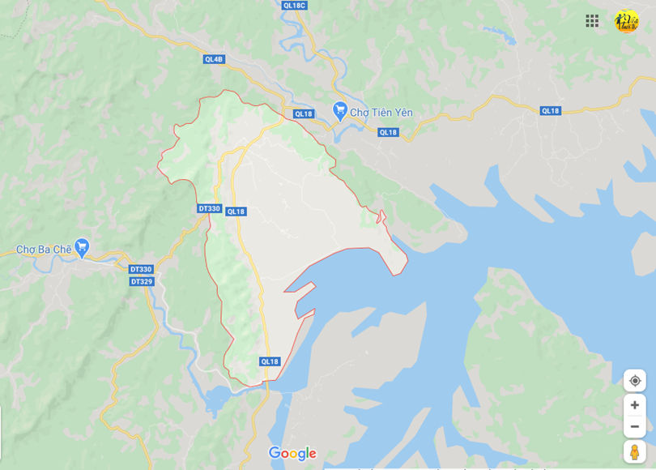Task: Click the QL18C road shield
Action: click(x=295, y=5)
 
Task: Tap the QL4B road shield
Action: click(x=214, y=59)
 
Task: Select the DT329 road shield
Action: click(x=142, y=281)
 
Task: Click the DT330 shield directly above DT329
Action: click(x=141, y=269)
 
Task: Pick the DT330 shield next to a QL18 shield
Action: click(x=209, y=208)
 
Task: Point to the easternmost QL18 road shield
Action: click(x=551, y=111)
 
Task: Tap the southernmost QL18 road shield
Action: click(x=270, y=361)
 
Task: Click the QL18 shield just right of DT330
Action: click(x=236, y=211)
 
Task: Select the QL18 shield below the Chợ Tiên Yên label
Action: click(x=388, y=132)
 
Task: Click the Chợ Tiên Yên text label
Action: click(x=381, y=113)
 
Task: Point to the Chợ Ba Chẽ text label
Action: click(x=43, y=249)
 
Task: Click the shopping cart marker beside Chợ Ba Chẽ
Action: click(x=81, y=247)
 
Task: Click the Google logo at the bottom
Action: click(x=292, y=453)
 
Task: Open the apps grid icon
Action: click(x=592, y=21)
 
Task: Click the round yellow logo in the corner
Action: click(x=626, y=21)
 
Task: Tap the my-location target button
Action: click(x=635, y=381)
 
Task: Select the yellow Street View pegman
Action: click(x=635, y=451)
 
